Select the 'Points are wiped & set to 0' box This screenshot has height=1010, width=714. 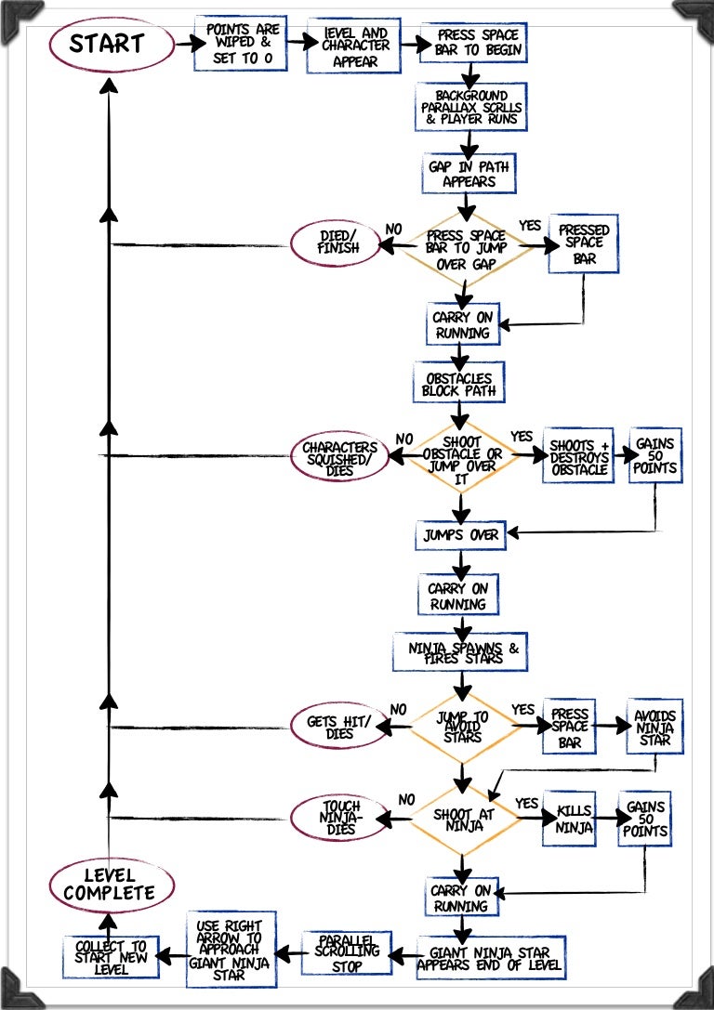pyautogui.click(x=242, y=43)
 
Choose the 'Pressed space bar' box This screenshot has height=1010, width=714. pyautogui.click(x=584, y=244)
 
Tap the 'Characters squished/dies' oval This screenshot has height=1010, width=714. pyautogui.click(x=340, y=455)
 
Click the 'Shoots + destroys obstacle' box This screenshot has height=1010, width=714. pyautogui.click(x=579, y=455)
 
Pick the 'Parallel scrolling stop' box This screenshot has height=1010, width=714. pyautogui.click(x=347, y=952)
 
